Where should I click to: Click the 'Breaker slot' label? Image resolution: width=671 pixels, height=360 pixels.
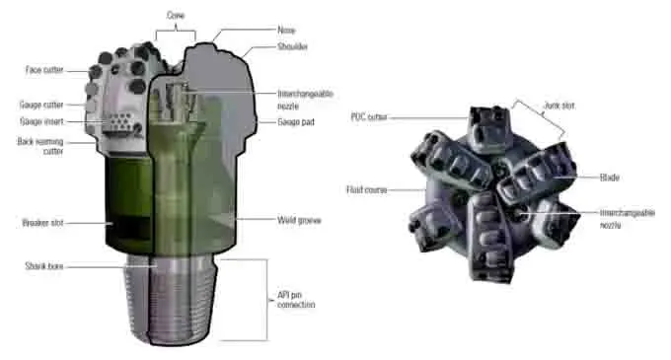tap(40, 224)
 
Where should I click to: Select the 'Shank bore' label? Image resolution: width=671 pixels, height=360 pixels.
tap(42, 265)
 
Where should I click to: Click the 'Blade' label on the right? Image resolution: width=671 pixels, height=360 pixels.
tap(611, 178)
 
